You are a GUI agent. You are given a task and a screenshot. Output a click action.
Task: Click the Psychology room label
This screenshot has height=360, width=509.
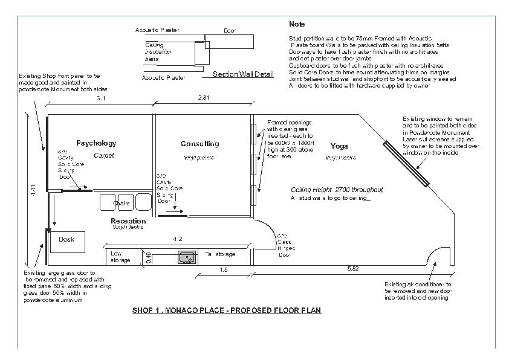(96, 143)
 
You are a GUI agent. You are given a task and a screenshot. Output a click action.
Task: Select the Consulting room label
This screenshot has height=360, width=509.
(199, 144)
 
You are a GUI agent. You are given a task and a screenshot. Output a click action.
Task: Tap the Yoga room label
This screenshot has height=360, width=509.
(339, 146)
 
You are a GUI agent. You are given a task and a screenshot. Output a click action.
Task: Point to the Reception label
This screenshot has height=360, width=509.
(128, 221)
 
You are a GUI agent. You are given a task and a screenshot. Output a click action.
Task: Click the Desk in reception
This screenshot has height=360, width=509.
(67, 240)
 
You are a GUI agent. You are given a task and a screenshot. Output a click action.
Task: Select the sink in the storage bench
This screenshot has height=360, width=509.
(187, 258)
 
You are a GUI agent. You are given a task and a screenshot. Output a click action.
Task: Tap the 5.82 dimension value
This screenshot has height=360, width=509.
(354, 268)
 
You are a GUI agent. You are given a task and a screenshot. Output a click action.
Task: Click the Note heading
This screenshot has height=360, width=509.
(297, 24)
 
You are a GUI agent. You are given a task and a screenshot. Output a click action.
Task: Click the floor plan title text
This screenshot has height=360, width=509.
(226, 310)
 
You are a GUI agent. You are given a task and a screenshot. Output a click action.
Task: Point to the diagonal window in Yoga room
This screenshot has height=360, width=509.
(405, 163)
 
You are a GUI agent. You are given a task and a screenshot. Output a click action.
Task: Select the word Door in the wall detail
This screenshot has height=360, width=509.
(230, 30)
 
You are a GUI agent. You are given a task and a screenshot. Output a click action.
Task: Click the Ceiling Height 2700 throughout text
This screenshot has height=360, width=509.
(337, 190)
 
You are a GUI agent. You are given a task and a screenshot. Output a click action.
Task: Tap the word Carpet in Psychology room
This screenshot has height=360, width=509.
(104, 155)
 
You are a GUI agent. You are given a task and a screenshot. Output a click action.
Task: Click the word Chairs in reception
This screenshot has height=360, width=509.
(122, 204)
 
